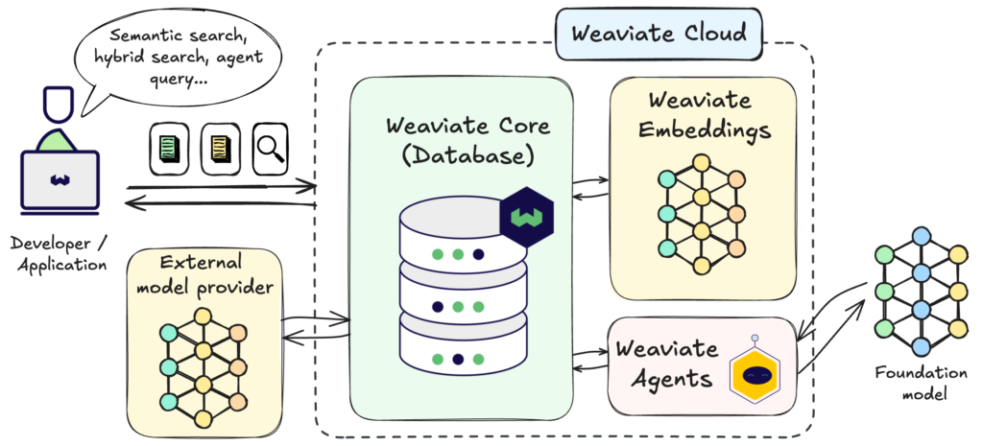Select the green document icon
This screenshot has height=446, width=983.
coord(166,148)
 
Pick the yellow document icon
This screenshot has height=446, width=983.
coord(219,148)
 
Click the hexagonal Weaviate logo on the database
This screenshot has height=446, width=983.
coord(523,218)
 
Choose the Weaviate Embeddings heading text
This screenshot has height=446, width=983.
coord(702,115)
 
